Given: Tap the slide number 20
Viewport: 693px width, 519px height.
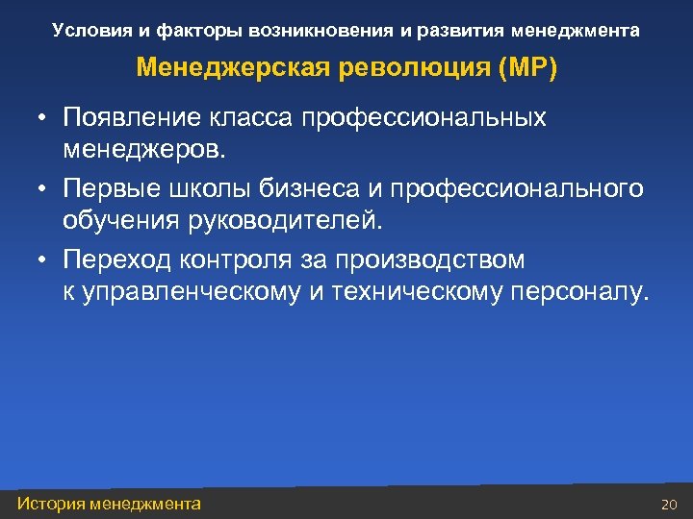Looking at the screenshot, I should point(670,505).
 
